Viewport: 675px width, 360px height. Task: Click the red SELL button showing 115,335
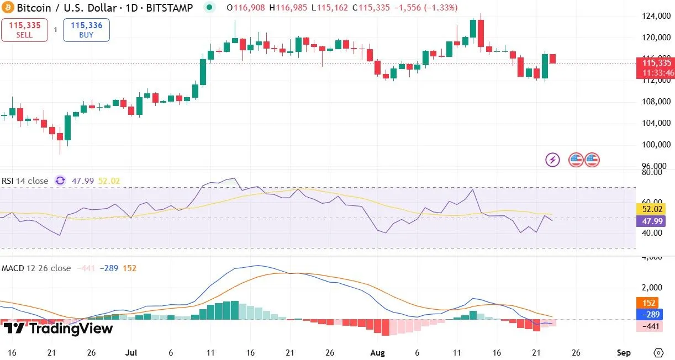coord(24,30)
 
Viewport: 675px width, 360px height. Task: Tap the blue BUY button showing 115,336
coord(86,30)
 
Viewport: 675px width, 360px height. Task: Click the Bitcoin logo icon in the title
coord(8,8)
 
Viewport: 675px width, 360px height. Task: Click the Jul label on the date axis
coord(131,352)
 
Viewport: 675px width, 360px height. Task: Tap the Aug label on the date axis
coord(377,352)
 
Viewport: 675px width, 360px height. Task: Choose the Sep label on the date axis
coord(624,352)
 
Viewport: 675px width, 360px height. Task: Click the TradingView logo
coord(57,329)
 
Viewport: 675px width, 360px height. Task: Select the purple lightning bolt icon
coord(552,160)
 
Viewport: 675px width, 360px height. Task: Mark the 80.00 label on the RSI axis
coord(654,172)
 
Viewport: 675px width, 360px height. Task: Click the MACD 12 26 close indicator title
coord(36,268)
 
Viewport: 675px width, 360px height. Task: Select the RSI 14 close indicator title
coord(24,181)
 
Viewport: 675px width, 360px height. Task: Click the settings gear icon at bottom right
coord(658,352)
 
